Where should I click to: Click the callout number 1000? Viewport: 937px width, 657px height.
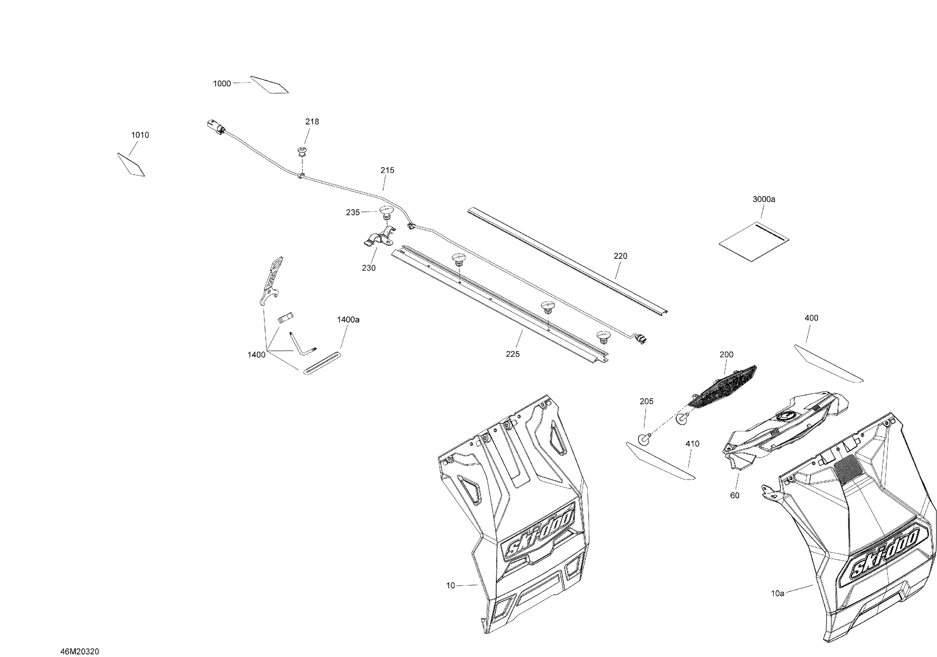click(x=222, y=84)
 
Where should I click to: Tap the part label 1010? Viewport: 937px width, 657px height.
click(x=140, y=135)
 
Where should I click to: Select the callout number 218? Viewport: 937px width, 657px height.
click(x=312, y=122)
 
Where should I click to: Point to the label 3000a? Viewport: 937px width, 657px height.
click(x=764, y=199)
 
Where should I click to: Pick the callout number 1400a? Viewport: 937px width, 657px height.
click(x=348, y=320)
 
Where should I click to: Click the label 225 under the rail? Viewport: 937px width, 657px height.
click(x=513, y=354)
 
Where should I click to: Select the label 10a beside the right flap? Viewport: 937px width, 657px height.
click(x=777, y=593)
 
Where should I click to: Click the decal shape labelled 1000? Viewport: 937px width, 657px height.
click(x=269, y=85)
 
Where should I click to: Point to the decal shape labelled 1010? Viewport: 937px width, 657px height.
click(x=131, y=165)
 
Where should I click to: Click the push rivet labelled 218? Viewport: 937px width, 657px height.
click(x=302, y=152)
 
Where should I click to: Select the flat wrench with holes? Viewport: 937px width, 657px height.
click(x=271, y=282)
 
